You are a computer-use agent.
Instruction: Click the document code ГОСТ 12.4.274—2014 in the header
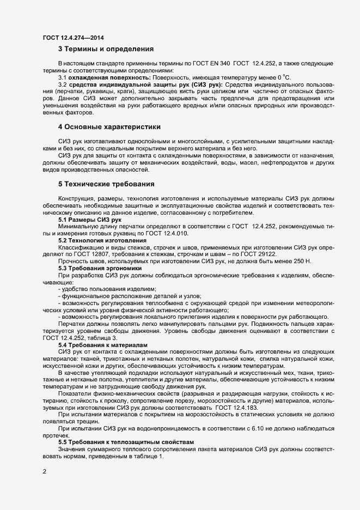click(74, 38)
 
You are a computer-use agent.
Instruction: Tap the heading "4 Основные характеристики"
click(109, 127)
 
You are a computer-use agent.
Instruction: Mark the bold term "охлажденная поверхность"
click(101, 77)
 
